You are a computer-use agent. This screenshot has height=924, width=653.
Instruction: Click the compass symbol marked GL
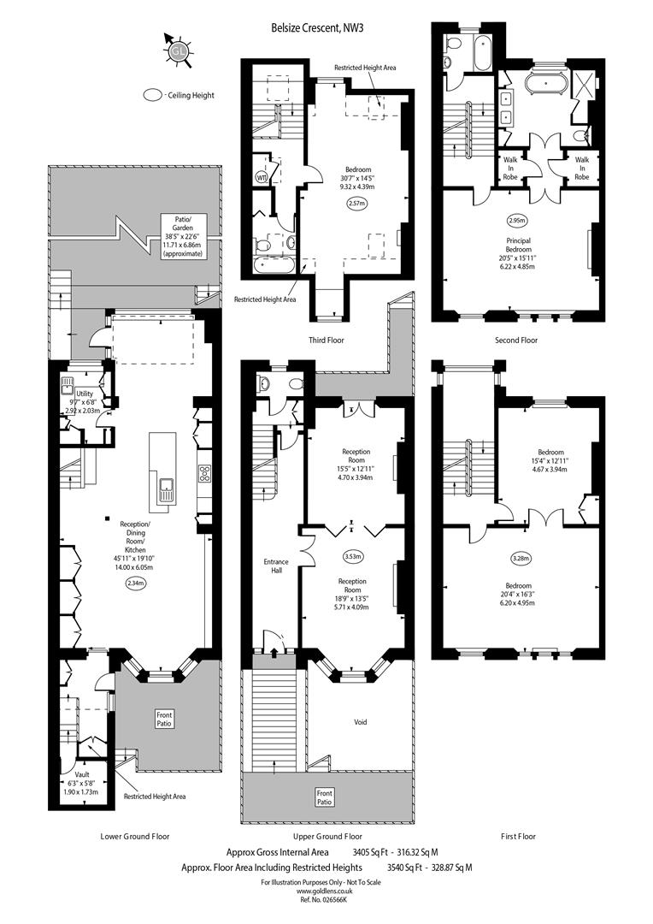pos(176,51)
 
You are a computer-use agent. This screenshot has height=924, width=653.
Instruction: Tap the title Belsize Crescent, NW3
pos(313,27)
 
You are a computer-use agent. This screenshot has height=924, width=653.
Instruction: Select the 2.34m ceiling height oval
pos(135,583)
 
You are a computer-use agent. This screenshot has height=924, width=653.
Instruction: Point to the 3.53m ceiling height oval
pos(352,556)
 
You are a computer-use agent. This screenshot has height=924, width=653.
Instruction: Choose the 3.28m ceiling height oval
pos(521,558)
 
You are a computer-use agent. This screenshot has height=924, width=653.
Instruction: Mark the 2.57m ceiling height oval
pos(356,204)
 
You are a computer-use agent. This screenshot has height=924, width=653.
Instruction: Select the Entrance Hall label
pos(276,566)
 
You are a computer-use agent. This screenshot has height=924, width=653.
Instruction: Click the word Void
pos(361,722)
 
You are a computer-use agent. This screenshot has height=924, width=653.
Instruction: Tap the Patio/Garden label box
pos(183,236)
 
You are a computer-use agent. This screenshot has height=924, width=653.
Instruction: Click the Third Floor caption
pos(326,340)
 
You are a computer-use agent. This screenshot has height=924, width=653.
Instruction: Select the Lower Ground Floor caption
pos(135,836)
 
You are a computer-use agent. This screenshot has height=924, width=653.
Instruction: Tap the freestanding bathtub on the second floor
pos(547,84)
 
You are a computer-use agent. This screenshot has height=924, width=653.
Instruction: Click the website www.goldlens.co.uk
pos(321,892)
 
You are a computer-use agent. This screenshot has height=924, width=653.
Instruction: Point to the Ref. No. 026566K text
pos(321,900)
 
